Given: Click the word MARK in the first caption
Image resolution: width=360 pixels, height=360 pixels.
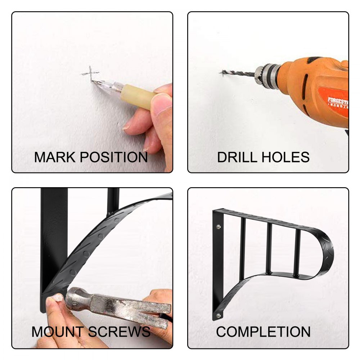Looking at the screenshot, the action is pos(55,157).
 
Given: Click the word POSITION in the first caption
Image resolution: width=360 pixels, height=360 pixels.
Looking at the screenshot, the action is pos(114,157).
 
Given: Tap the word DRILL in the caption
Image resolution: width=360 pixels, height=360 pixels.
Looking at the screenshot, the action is pos(237,157).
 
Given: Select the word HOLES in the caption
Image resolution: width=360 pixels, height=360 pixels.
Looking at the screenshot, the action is pos(285,157).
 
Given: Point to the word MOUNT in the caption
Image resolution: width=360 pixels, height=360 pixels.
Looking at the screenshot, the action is pos(58,332).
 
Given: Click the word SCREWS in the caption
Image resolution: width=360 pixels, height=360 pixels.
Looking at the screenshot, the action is pos(119,332).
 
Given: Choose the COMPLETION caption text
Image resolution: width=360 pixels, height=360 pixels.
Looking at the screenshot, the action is pos(264,332).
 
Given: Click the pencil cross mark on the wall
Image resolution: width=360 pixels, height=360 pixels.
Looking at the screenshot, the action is pos(90,73).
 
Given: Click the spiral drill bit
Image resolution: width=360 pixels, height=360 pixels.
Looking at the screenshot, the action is pos(238,73).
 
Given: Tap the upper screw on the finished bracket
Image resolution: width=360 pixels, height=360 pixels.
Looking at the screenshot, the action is pos(219,227).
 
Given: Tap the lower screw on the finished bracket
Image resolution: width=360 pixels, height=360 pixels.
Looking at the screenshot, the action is pos(219,315).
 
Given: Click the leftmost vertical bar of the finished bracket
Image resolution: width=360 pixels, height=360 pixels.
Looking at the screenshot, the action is pos(243,249).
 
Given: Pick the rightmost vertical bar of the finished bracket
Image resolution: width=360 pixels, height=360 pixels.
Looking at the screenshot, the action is pos(297,253).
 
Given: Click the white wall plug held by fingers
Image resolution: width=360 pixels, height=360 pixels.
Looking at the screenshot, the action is pos(57,298).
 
